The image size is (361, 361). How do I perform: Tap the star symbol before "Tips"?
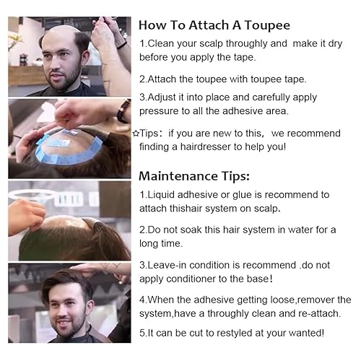[136, 133]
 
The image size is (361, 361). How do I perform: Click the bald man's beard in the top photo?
[64, 78]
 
